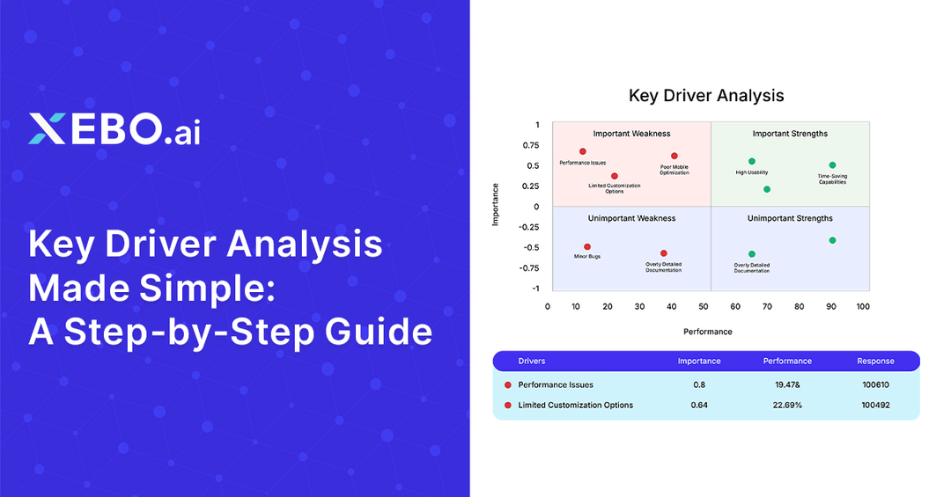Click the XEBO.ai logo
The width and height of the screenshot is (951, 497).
coord(114,128)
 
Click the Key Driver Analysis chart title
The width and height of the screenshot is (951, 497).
coord(705,95)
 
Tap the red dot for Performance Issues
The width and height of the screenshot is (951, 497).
coord(582,151)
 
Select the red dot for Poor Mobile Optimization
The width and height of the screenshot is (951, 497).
coord(675,156)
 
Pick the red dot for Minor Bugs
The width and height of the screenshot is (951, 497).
coord(587,247)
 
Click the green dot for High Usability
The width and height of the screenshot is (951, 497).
coord(751,161)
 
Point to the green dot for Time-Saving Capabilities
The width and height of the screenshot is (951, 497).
coord(832,164)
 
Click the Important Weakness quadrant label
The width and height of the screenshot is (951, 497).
coord(631,134)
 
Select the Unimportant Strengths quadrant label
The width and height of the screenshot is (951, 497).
coord(790,218)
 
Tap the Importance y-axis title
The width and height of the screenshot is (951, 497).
coord(496,205)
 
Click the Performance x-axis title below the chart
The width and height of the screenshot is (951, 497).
coord(707,332)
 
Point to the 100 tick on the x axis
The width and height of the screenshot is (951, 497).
coord(863,307)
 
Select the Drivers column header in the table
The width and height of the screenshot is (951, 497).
coord(531,361)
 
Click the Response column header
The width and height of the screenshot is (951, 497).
coord(875,361)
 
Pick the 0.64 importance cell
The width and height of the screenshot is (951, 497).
coord(698,405)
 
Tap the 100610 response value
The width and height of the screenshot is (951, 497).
coord(875,384)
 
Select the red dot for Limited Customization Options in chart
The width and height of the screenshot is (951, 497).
coord(615,176)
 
